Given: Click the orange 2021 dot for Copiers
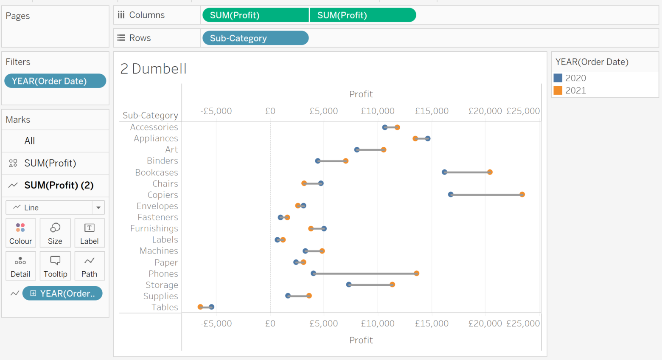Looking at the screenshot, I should [522, 194].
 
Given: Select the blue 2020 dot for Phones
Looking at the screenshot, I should [313, 273].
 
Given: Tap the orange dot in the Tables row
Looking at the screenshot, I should [200, 307].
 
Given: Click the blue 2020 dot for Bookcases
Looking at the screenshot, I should [444, 172].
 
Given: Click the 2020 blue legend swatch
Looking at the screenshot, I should [558, 78].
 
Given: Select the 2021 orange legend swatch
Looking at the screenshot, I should [558, 90].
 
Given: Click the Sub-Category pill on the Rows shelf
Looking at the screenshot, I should [255, 38].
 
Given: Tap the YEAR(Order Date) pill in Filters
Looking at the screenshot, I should [55, 81].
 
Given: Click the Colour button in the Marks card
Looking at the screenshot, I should [20, 233].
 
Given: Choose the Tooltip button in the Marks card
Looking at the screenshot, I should [55, 266].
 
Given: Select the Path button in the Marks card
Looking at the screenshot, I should [89, 266].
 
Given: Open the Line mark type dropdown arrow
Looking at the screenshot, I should [98, 208].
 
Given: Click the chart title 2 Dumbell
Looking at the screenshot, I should [153, 69].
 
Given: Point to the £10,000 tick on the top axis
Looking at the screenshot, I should [377, 111].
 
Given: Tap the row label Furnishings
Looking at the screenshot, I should [154, 228].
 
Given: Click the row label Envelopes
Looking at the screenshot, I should [157, 206].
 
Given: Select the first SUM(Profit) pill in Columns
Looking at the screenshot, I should [255, 15].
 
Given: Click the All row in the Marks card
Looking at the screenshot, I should [30, 141].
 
